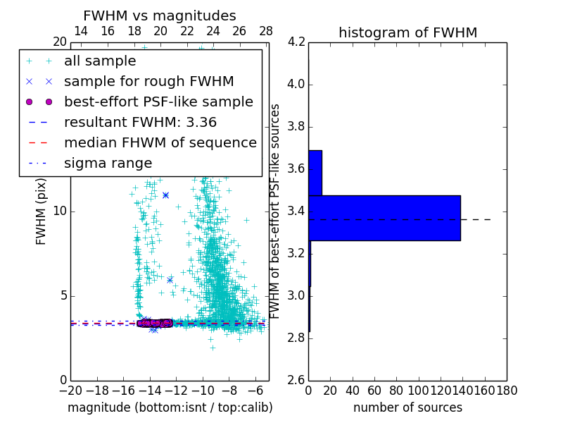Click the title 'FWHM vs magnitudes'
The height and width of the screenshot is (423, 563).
click(160, 16)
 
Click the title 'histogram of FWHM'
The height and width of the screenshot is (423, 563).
click(407, 32)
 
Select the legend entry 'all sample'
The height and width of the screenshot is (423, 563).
click(100, 61)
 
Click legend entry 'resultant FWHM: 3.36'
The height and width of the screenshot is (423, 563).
click(140, 123)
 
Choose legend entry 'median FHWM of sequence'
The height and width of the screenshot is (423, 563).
click(160, 143)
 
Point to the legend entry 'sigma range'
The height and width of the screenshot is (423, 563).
click(108, 164)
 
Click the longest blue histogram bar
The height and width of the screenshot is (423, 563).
click(384, 218)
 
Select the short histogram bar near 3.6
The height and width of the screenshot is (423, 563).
click(315, 173)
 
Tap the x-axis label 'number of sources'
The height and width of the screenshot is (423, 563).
click(407, 408)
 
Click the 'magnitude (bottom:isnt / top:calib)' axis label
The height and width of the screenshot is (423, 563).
click(170, 408)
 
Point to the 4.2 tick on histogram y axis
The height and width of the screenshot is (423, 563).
click(296, 42)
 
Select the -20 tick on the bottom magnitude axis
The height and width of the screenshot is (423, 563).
click(70, 391)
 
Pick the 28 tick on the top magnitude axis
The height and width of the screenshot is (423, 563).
click(266, 31)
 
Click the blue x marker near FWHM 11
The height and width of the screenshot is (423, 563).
click(165, 195)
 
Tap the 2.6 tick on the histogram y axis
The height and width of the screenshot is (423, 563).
click(296, 380)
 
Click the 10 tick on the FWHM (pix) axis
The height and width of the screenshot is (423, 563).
click(61, 211)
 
